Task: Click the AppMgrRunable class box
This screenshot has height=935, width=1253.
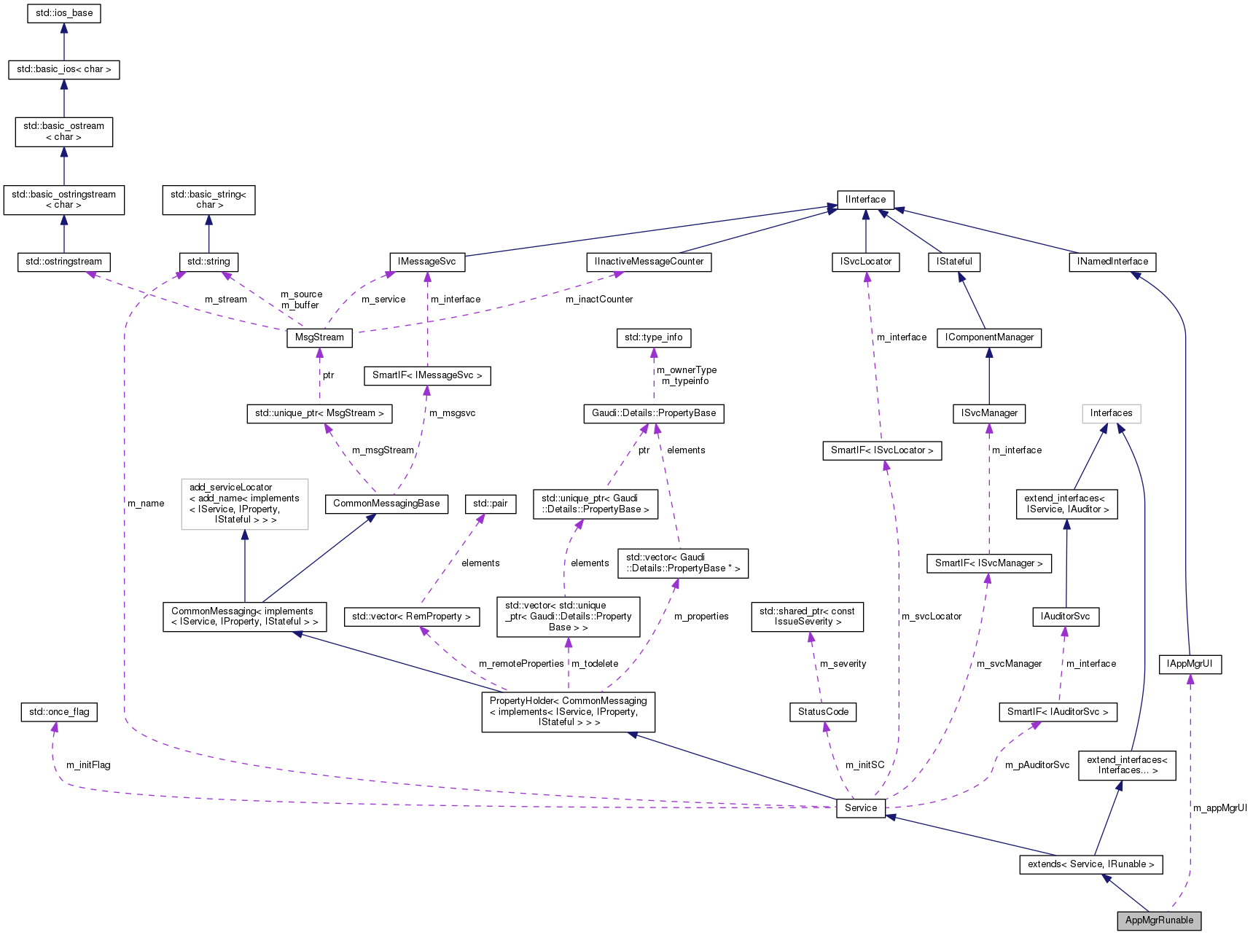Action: [1159, 920]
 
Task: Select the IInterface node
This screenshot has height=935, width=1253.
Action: [865, 200]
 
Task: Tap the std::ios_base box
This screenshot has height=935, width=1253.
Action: [64, 13]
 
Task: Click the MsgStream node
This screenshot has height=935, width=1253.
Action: [319, 337]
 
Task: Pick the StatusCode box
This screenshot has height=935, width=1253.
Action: [823, 712]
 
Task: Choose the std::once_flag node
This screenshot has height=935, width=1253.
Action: [59, 712]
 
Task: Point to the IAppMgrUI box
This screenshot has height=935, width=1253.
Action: [1190, 664]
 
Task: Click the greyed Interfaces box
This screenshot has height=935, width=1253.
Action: [1111, 413]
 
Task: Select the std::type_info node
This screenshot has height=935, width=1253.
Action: [653, 337]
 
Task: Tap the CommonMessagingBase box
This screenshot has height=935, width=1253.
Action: [386, 504]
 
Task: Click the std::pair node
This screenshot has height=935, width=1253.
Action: [490, 504]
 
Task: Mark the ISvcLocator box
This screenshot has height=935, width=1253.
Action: [865, 262]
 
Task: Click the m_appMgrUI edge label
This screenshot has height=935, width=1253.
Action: [1219, 808]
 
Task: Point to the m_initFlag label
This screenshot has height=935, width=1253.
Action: [88, 765]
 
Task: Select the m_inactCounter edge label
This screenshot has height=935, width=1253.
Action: [599, 300]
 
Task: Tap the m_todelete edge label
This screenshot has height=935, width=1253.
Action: [595, 664]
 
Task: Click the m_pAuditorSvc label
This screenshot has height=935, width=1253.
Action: [1037, 765]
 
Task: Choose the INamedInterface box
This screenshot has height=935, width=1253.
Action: [1112, 262]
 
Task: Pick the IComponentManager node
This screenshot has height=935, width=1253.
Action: [989, 337]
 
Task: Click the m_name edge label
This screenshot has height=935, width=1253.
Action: [146, 504]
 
